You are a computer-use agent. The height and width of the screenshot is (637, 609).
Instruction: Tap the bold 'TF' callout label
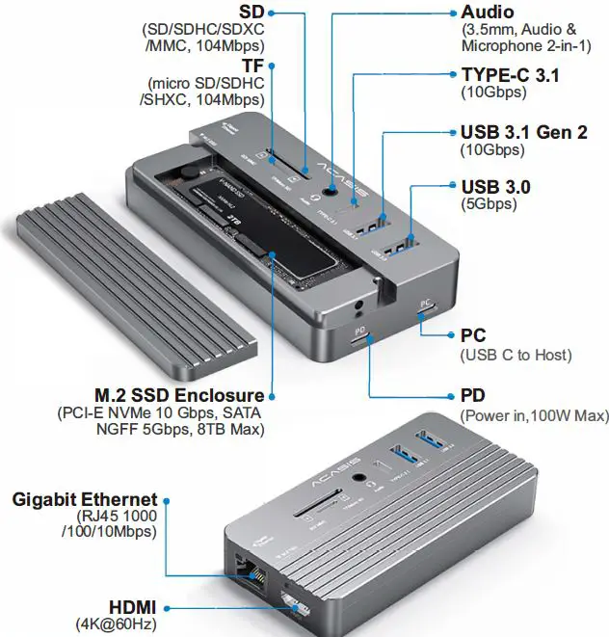click(252, 66)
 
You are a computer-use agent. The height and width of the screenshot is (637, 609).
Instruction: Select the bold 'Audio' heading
click(488, 13)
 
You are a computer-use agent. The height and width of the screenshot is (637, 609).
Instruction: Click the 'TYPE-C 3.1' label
click(510, 75)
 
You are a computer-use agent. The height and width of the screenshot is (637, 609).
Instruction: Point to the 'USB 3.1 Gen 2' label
click(524, 132)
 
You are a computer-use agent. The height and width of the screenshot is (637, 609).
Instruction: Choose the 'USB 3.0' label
click(495, 186)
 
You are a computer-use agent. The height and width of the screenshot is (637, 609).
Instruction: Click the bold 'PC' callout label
click(473, 336)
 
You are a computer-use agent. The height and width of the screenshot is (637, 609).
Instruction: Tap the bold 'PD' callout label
click(473, 396)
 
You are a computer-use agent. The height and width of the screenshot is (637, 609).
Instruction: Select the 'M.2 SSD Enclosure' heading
click(178, 395)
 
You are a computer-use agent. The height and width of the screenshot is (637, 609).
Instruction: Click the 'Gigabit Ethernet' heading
click(84, 499)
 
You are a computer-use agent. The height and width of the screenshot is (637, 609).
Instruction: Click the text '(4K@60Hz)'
click(117, 624)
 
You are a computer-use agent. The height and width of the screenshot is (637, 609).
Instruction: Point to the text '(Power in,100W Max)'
click(535, 415)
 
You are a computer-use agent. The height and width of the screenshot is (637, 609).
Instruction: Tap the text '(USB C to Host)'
click(516, 356)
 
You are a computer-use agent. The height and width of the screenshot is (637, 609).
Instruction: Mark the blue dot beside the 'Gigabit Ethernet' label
click(167, 500)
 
